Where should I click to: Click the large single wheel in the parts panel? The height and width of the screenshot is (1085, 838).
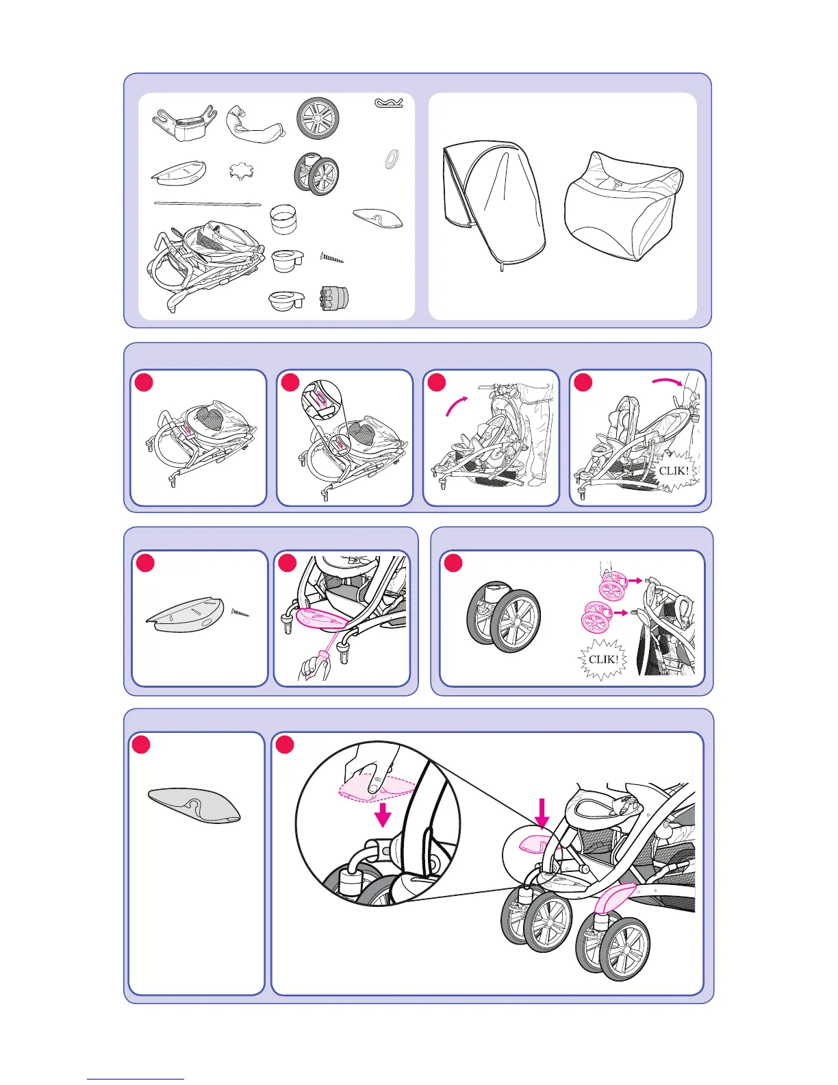point(318,119)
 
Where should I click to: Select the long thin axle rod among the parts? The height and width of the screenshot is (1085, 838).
point(207,203)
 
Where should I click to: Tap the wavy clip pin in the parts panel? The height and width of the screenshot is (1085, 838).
point(389,103)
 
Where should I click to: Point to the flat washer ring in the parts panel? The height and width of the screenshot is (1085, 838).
point(392,160)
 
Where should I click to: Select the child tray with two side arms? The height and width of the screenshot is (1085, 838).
point(184,123)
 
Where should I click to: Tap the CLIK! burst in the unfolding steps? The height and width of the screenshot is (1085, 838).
point(673,471)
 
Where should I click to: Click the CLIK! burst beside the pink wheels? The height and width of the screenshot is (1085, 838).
point(602,659)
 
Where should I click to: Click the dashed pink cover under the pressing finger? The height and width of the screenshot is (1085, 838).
point(376,788)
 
